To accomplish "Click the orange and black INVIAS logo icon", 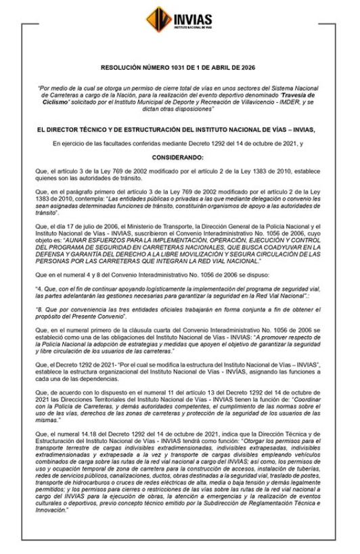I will (x=158, y=19).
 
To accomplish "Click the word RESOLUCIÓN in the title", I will (x=121, y=68).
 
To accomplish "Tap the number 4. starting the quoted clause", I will (x=39, y=287).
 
